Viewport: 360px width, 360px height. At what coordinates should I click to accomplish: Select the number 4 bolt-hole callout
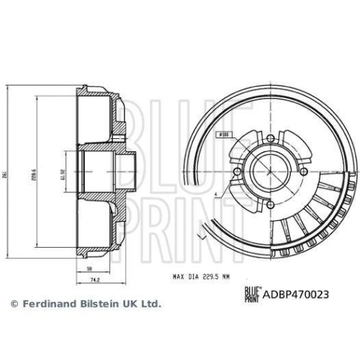click(215, 193)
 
